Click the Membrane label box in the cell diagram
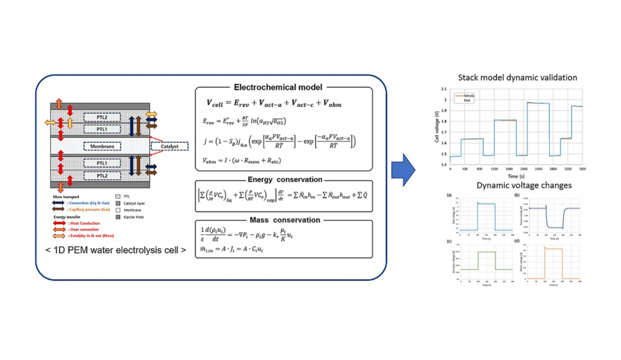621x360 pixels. pyautogui.click(x=101, y=146)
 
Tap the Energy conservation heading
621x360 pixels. pyautogui.click(x=270, y=179)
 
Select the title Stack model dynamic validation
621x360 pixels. pyautogui.click(x=517, y=78)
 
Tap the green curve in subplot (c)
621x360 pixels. pyautogui.click(x=485, y=253)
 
